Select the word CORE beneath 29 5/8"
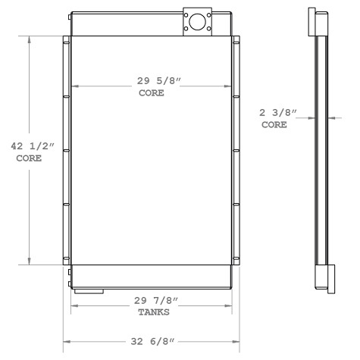152,95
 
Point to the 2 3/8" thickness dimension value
278,114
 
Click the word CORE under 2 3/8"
274,125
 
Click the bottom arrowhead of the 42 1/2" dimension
30,261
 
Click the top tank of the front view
129,24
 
